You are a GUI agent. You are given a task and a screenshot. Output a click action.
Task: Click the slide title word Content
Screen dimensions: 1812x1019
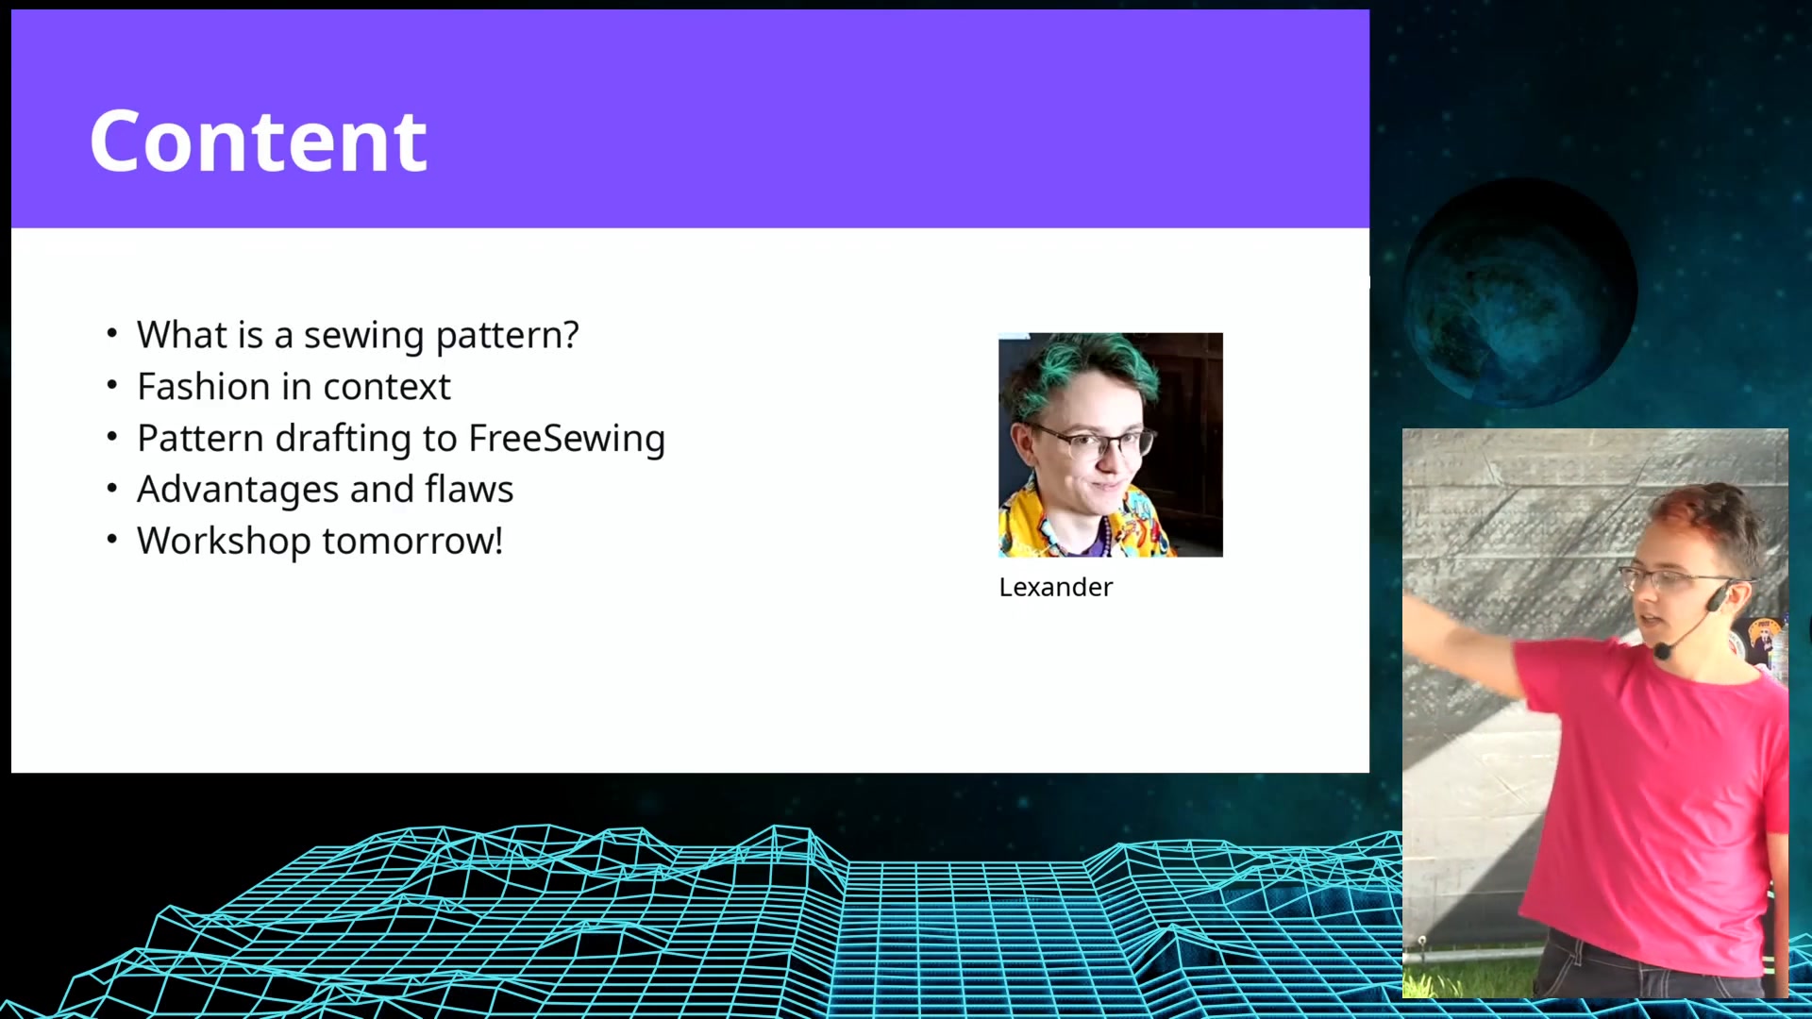coord(258,142)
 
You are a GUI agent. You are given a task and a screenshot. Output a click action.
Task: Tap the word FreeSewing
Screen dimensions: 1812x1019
coord(566,439)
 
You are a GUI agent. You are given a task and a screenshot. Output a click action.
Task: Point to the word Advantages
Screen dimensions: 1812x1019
coord(238,491)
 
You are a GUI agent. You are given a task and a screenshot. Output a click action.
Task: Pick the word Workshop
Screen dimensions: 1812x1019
coord(224,542)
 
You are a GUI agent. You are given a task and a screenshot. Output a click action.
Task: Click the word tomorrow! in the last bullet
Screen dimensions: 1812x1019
coord(412,541)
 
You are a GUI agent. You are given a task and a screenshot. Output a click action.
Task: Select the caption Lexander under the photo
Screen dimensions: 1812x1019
coord(1055,587)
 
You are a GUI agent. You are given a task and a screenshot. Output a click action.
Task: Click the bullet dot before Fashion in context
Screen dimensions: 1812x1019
coord(112,385)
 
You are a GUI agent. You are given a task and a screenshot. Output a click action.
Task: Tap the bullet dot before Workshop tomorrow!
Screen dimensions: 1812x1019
coord(112,539)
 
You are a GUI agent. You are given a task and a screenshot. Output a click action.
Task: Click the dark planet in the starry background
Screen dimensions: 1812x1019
coord(1519,292)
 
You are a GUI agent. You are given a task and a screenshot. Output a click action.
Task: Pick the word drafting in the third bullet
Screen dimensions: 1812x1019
coord(343,439)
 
